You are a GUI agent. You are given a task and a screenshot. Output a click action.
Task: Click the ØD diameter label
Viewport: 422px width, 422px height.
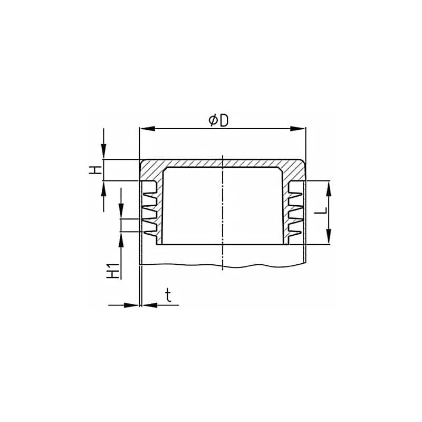[x=218, y=120]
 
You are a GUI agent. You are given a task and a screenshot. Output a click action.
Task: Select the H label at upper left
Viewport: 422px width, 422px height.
[x=94, y=170]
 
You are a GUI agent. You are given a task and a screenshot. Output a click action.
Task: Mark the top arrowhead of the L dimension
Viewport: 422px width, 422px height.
[x=329, y=186]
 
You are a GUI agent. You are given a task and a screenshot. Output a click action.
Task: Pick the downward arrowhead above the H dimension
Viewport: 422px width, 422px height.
[x=104, y=154]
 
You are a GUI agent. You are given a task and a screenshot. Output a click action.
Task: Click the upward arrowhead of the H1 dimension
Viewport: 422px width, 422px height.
[x=121, y=238]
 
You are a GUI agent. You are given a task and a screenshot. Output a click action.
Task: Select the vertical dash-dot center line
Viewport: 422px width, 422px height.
[x=223, y=211]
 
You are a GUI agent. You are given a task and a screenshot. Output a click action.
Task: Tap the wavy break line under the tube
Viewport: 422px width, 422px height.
[x=222, y=265]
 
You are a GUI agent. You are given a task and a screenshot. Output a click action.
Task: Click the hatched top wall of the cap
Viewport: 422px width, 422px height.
[x=222, y=164]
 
